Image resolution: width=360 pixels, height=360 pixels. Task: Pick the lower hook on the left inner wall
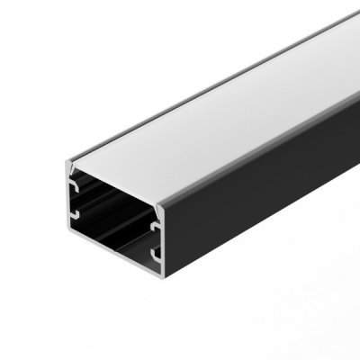click(x=76, y=216)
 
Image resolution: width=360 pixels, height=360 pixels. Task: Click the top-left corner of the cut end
click(x=67, y=161)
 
